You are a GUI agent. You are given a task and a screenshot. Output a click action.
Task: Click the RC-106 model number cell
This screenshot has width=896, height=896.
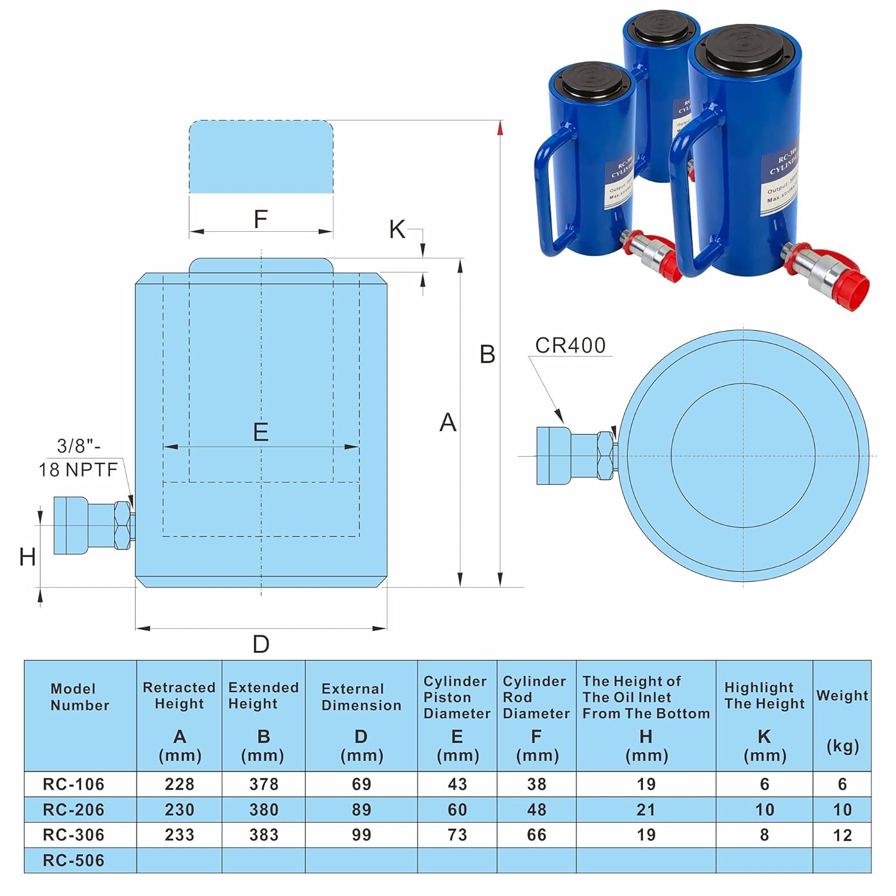pos(73,784)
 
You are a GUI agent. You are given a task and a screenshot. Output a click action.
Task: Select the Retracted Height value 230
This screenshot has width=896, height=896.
pos(179,809)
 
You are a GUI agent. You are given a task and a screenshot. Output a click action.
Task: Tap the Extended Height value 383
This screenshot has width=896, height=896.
pos(263,834)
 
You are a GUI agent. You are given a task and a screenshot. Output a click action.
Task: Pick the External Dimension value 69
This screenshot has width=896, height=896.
pos(361,784)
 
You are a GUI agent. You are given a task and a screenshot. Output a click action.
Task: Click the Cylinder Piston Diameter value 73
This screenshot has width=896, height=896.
pos(457,834)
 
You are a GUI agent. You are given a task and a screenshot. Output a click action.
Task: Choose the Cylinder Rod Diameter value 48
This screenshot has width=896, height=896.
pos(536,809)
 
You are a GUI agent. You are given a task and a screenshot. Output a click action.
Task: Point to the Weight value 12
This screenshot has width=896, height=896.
pos(842,835)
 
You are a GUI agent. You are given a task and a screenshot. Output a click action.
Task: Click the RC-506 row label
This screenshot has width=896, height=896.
pos(73,860)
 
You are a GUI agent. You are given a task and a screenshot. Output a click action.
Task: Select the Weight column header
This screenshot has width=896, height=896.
pos(842,696)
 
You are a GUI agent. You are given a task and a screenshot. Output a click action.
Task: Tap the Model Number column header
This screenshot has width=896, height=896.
pos(80,697)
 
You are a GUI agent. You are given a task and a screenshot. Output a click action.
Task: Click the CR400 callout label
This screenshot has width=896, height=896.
pos(570,345)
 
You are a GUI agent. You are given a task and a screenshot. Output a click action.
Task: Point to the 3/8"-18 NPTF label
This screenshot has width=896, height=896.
pos(78,458)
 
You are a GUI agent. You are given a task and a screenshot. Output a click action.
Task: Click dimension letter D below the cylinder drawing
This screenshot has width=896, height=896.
pos(261,645)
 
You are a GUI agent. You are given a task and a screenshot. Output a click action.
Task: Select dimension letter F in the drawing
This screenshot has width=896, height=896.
pos(260,219)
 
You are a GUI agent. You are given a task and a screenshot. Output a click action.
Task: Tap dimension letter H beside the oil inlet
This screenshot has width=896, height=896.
pos(27,557)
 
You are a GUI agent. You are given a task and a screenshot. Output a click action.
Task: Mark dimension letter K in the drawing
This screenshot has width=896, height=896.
pos(397,229)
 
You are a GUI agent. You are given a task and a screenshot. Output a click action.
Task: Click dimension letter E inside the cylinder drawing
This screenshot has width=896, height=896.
pos(260,432)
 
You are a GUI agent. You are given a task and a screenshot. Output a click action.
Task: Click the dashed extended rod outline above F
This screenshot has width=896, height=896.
pos(261,157)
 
